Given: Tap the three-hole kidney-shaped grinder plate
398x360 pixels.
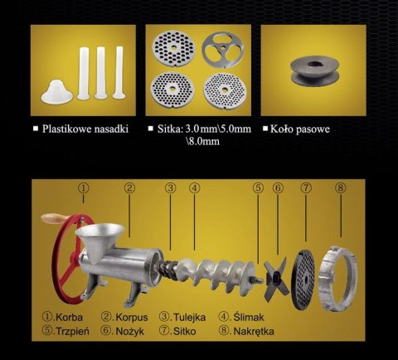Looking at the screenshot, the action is [223, 50].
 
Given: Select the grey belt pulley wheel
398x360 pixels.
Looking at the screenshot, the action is [315, 71].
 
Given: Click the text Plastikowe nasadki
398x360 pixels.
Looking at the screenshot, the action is [85, 129].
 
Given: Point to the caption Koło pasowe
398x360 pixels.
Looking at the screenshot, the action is [300, 129].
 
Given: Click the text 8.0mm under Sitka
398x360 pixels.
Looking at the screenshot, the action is [203, 141].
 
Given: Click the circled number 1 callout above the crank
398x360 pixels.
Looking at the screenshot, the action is [84, 188].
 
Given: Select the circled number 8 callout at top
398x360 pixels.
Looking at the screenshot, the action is [340, 188].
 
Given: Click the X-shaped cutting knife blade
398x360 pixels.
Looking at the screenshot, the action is [275, 280].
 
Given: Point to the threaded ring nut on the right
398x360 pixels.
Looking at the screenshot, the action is [337, 280].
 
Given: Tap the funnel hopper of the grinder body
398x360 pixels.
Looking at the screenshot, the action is [100, 239].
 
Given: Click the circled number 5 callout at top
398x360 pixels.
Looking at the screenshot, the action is [258, 188].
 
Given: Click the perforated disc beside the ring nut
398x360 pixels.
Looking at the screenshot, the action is [303, 280].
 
